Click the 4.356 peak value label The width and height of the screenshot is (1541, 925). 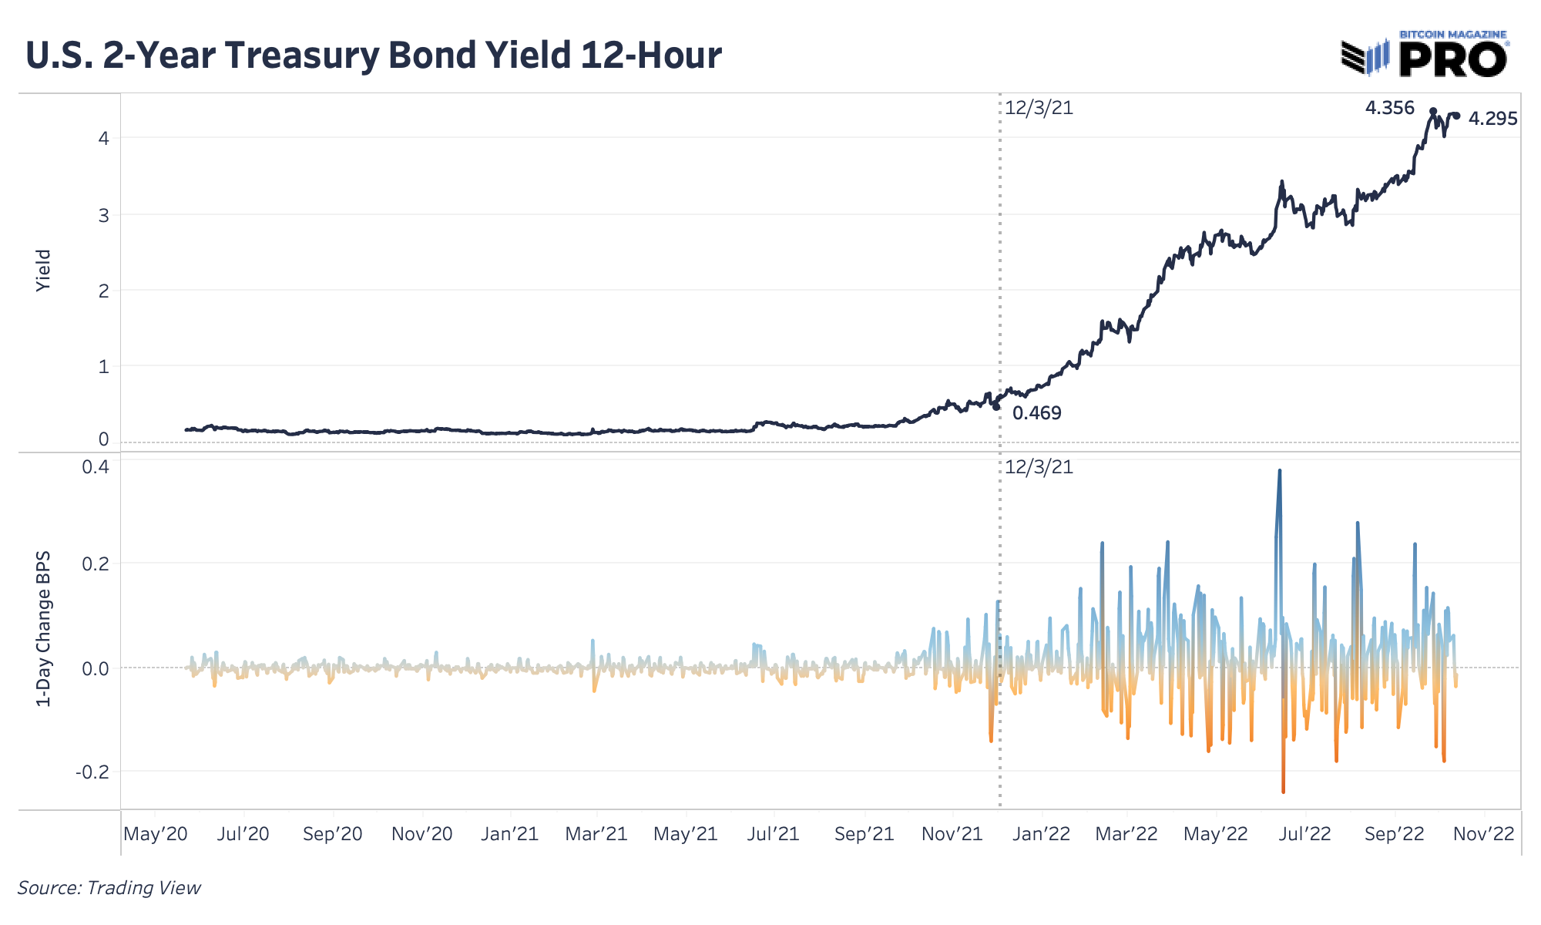point(1389,108)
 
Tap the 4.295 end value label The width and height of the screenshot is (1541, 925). point(1492,119)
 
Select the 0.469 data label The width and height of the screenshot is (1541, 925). point(1036,413)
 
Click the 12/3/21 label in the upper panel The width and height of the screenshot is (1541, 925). point(1039,108)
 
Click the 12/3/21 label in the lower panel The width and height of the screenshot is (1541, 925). point(1039,467)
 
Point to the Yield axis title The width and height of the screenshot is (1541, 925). point(43,270)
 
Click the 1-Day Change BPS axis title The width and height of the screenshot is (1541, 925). point(43,628)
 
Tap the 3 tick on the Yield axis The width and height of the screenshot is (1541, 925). point(103,215)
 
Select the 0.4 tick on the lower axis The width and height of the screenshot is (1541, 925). point(96,467)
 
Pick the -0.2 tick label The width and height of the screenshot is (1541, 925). point(92,772)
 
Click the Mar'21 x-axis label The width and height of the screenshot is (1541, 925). point(596,834)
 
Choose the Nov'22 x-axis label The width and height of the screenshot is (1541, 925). point(1483,834)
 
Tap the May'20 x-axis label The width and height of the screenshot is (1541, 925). point(155,834)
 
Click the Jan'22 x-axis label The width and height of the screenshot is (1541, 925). point(1042,834)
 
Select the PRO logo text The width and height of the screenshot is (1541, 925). point(1452,59)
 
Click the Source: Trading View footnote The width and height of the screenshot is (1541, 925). point(109,888)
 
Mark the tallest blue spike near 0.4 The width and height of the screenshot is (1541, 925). point(1280,472)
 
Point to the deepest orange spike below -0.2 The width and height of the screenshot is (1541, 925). point(1283,789)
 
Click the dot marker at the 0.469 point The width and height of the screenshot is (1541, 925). point(996,406)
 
